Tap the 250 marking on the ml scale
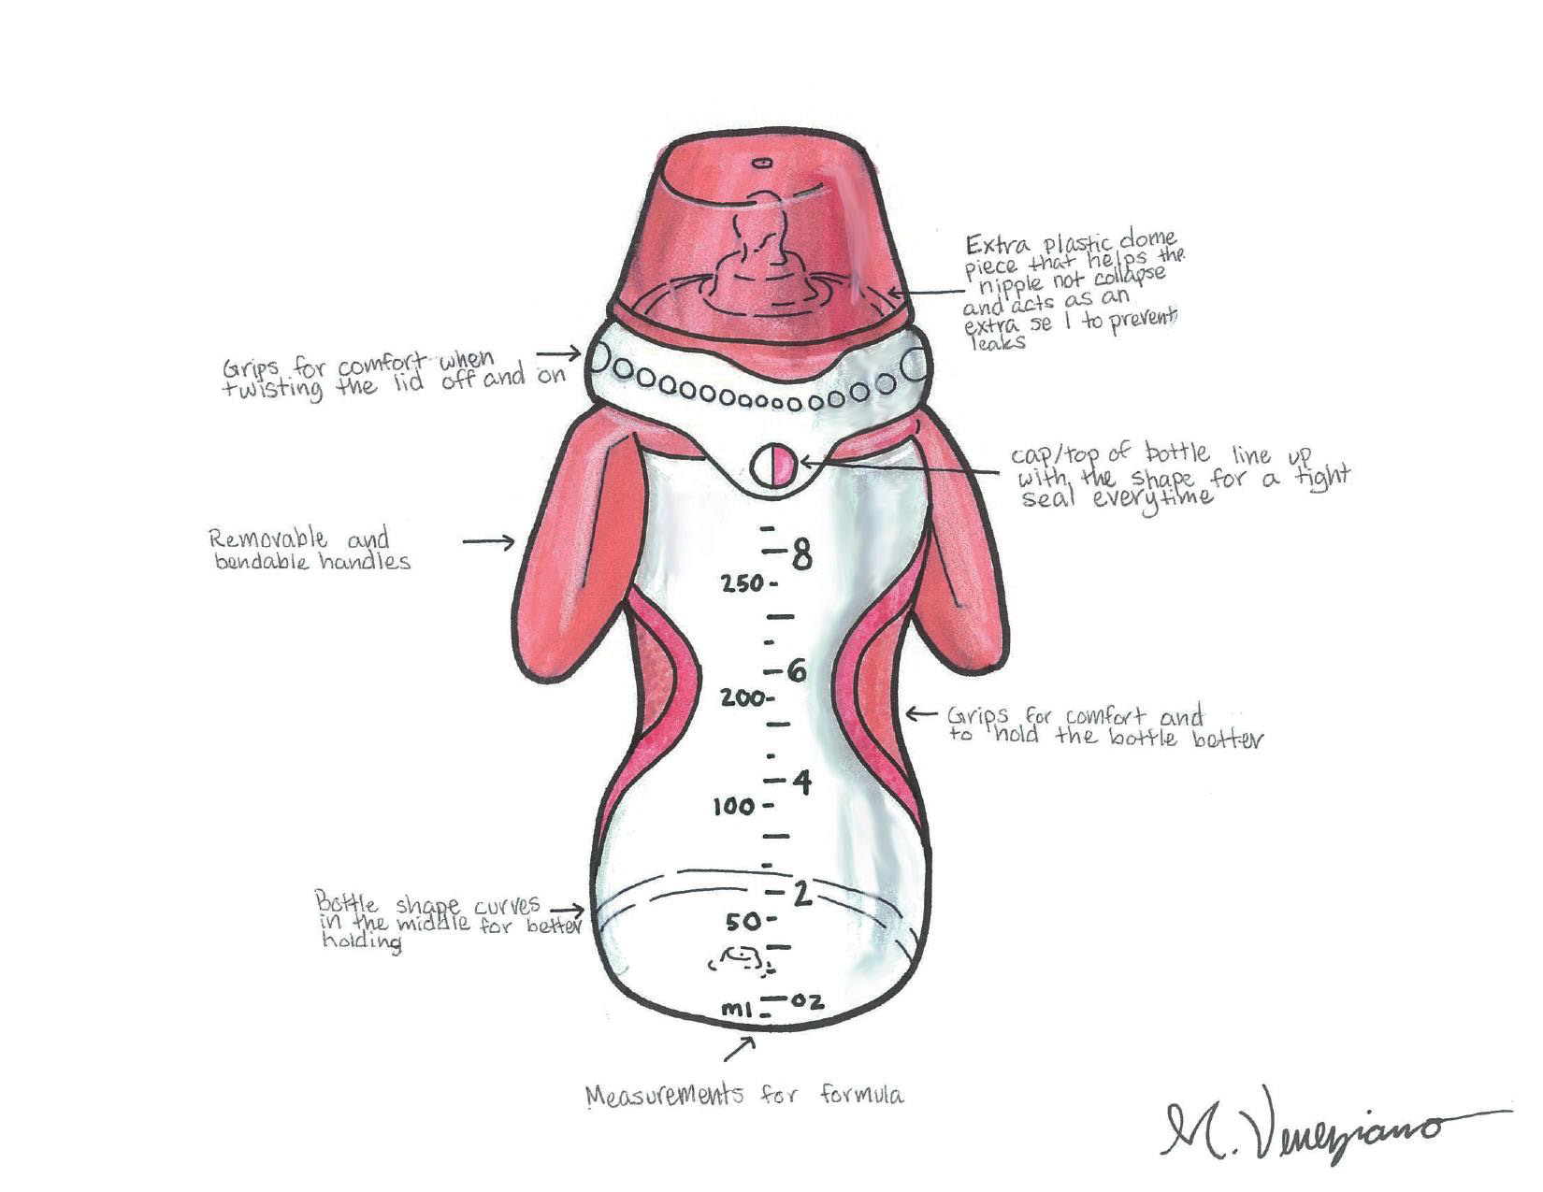pos(743,584)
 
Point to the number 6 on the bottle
pos(796,671)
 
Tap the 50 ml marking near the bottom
pos(744,922)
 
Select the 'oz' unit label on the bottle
pos(807,1001)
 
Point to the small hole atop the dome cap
pos(762,163)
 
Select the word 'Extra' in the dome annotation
pos(994,245)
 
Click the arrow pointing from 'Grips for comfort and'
pos(922,714)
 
